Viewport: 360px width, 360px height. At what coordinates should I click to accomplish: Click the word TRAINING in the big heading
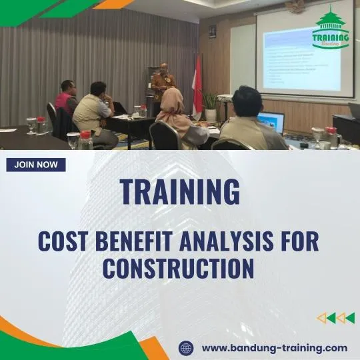(x=179, y=192)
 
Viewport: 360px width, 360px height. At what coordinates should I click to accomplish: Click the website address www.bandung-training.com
(x=274, y=347)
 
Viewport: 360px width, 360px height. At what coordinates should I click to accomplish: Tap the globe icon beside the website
(x=186, y=347)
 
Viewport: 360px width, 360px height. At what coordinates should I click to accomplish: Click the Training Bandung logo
(x=331, y=28)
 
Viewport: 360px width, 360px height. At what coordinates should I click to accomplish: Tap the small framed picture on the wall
(x=212, y=31)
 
